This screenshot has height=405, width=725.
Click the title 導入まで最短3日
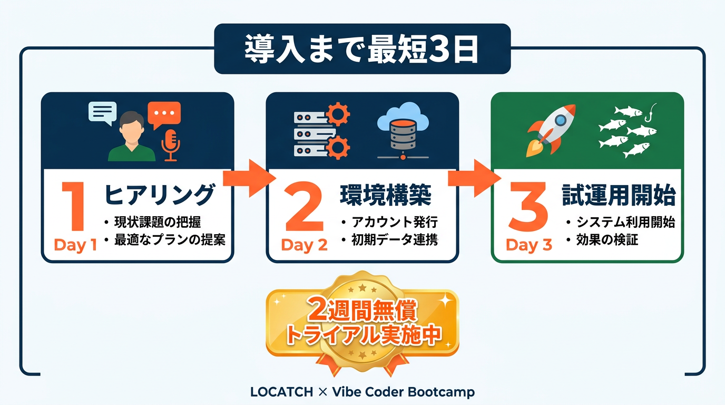361,49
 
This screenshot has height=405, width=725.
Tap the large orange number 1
74,206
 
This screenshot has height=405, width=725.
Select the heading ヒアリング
160,195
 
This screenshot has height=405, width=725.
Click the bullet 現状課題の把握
158,222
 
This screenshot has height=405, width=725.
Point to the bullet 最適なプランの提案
170,240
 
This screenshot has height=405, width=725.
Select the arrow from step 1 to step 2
250,178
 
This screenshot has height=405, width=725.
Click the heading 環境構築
386,195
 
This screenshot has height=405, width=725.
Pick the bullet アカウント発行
395,222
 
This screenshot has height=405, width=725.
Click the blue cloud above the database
403,116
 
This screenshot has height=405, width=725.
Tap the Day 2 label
304,245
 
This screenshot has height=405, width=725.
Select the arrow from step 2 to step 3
475,178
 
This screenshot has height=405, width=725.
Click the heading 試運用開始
619,195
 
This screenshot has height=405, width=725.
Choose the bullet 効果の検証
607,240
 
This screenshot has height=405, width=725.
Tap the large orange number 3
528,206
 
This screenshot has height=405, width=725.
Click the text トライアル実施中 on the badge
364,336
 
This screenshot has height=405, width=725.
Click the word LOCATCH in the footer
281,392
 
